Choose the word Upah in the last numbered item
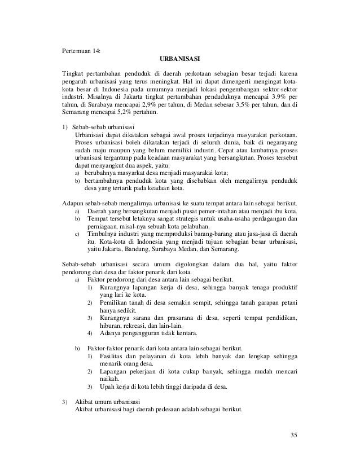coord(107,386)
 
